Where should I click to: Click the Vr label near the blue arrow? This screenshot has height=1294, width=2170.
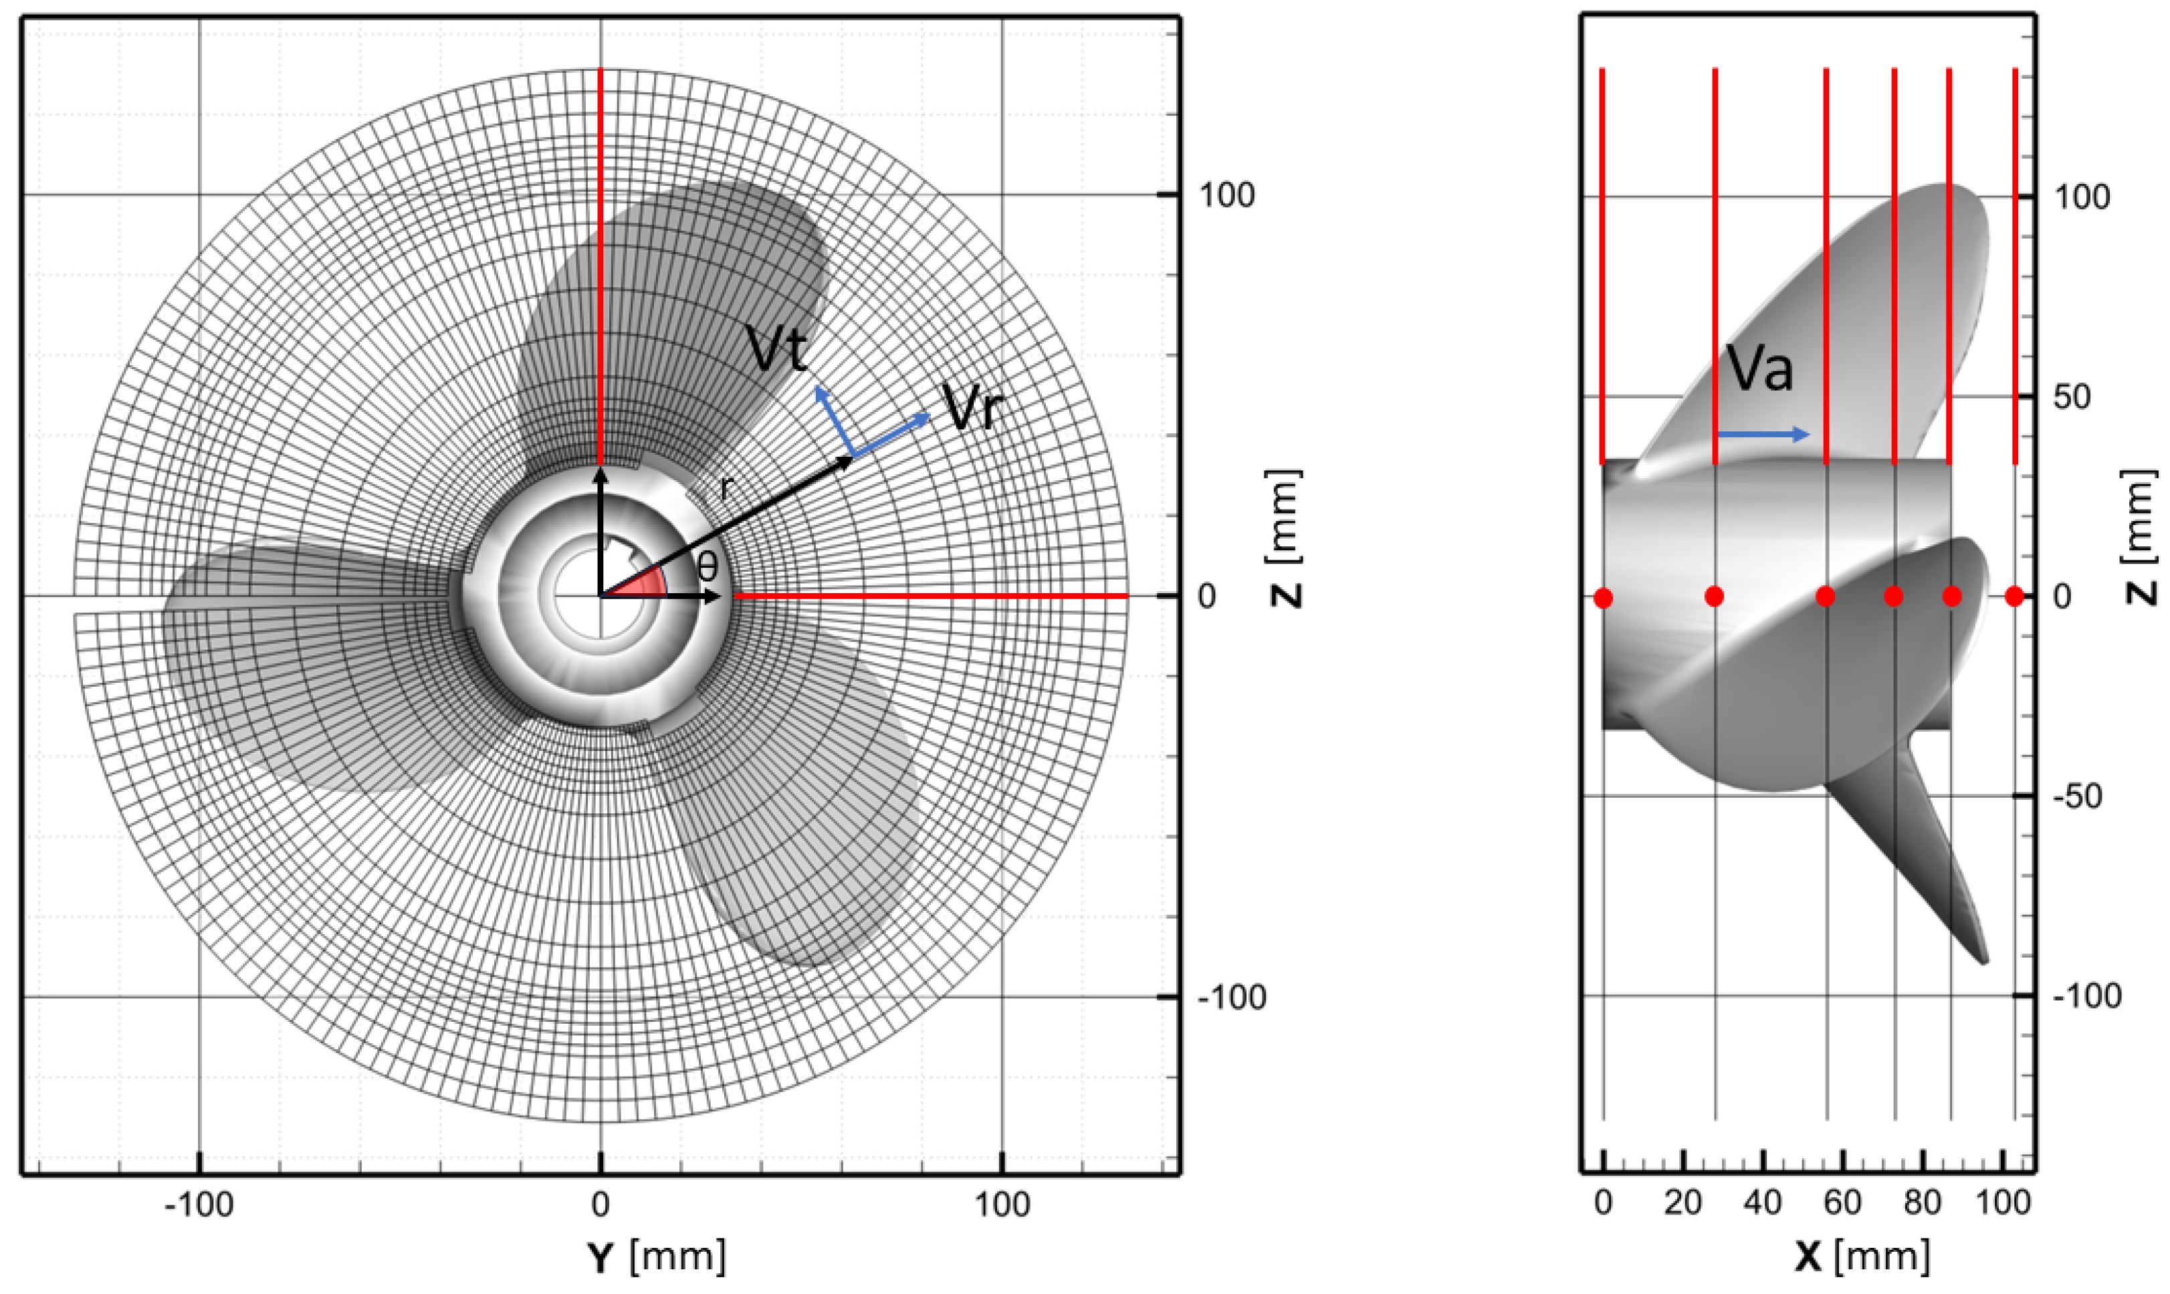point(974,407)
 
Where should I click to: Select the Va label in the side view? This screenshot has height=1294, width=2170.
point(1760,367)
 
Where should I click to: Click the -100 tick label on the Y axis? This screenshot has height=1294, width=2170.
point(200,1205)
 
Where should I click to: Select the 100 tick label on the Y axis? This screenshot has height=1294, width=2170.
point(1002,1205)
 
